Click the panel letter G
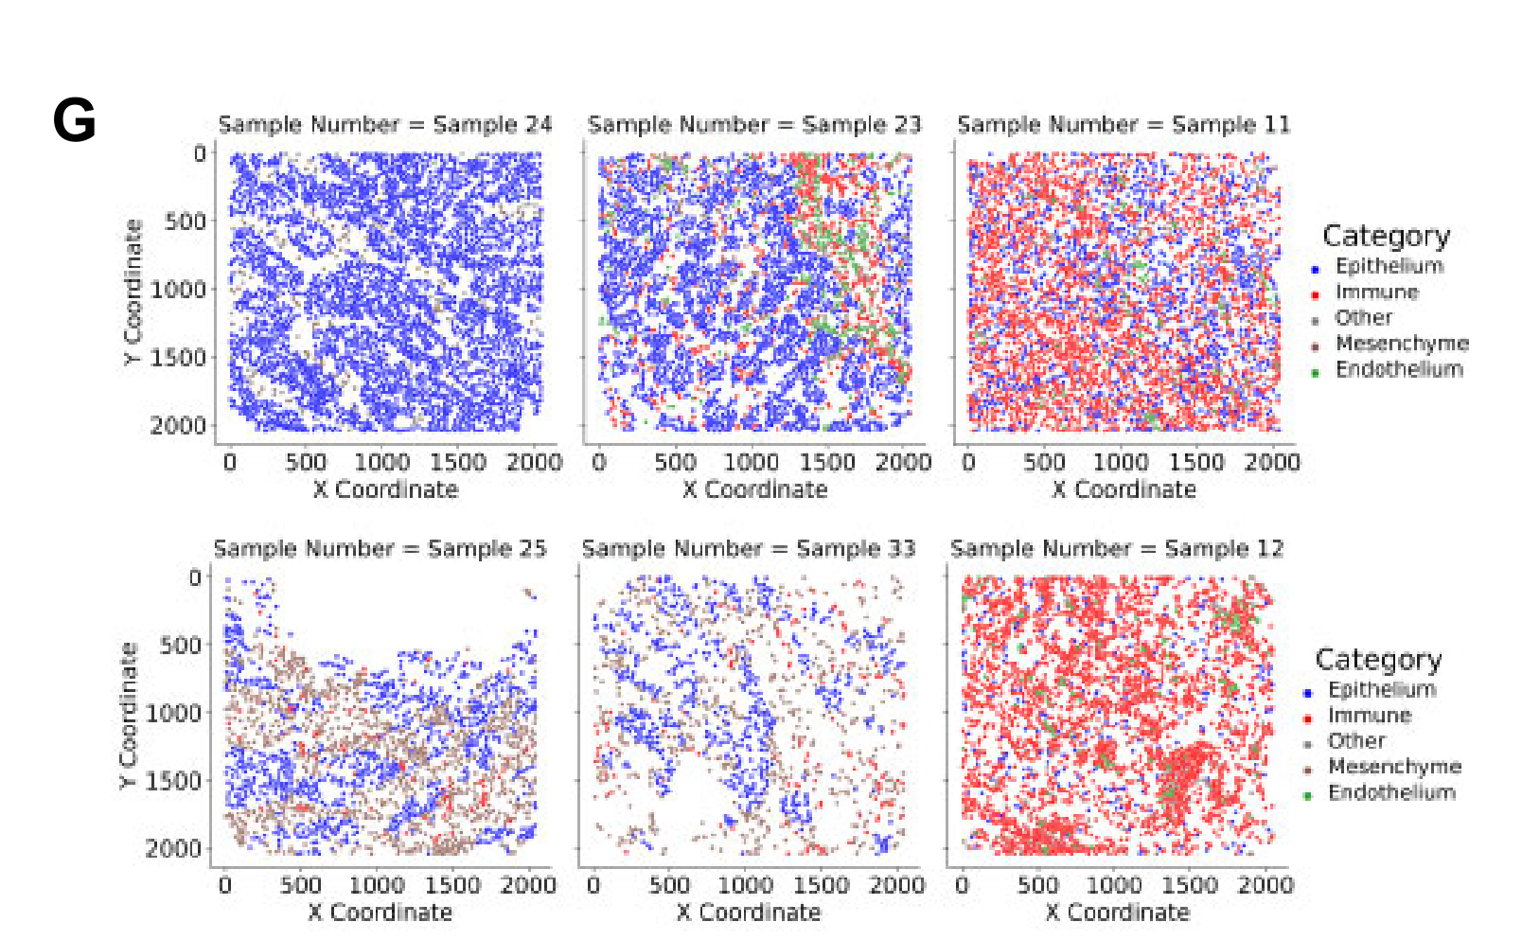point(75,122)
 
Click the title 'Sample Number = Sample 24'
point(385,125)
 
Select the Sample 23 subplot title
point(754,125)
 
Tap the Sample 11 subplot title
point(1124,125)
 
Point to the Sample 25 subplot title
point(380,549)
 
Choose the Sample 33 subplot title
point(749,549)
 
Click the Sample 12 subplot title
point(1117,549)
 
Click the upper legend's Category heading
point(1386,236)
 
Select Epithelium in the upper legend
point(1389,266)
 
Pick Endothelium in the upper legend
point(1398,369)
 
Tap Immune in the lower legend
point(1369,716)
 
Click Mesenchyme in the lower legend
point(1394,767)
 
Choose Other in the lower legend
point(1356,741)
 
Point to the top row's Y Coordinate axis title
point(133,293)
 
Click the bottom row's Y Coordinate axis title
point(129,716)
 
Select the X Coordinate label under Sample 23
point(754,489)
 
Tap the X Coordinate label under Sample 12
point(1117,913)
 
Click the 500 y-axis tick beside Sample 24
point(185,222)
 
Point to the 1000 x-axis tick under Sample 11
point(1120,462)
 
